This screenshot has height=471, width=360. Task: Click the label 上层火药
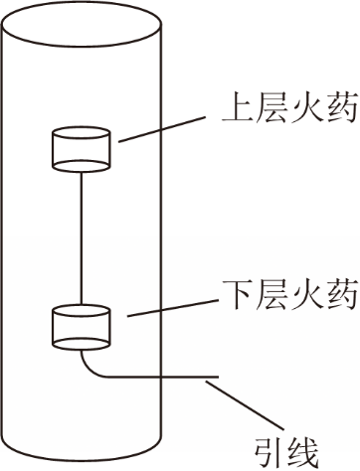(290, 108)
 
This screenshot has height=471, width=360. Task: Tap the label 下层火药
(290, 294)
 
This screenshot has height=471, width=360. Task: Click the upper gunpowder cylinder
(82, 149)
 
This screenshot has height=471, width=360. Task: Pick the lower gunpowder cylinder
(82, 328)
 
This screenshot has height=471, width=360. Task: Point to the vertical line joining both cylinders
(81, 237)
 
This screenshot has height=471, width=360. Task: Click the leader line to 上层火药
(161, 129)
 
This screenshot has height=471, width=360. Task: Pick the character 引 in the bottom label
(269, 452)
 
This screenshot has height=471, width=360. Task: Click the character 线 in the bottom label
(302, 452)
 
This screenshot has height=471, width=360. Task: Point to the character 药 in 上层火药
(342, 108)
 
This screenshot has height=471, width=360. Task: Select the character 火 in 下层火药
(307, 294)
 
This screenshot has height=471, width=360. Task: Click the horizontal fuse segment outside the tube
(190, 377)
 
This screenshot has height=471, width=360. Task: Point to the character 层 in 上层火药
(272, 108)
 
